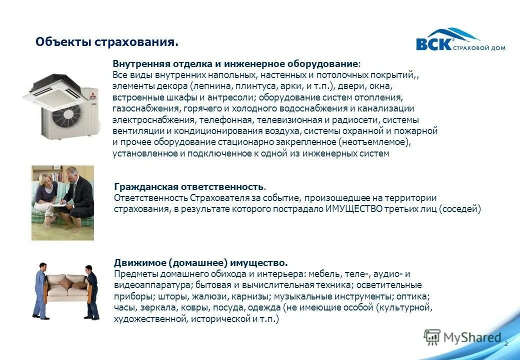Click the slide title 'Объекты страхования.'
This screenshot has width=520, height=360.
(x=106, y=42)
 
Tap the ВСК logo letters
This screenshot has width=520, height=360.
(x=433, y=44)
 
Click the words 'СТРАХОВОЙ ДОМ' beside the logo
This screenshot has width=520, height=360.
(x=478, y=48)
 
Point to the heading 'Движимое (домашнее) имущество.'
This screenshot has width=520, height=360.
(x=200, y=262)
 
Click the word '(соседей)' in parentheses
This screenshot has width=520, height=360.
(x=459, y=209)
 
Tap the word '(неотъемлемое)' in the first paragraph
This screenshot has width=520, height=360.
(x=378, y=142)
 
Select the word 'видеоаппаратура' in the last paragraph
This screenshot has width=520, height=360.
(x=151, y=285)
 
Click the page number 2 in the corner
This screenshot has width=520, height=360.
(x=506, y=344)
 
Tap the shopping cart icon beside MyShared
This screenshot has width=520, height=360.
(x=432, y=337)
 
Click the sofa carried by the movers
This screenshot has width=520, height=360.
(x=67, y=285)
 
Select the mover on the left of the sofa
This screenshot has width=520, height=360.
(x=41, y=290)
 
